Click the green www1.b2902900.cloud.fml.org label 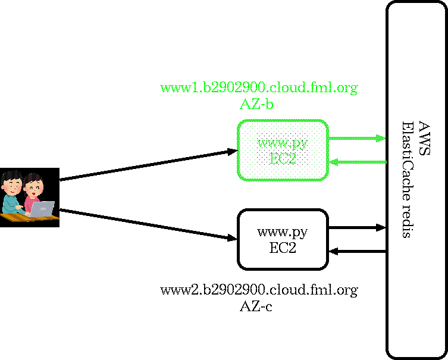(259, 88)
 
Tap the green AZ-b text (256, 105)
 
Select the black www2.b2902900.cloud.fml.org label (259, 290)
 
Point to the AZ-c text (256, 306)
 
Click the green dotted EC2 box (283, 151)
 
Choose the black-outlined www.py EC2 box (283, 239)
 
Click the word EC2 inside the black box (283, 248)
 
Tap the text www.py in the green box (282, 143)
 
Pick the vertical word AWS (424, 138)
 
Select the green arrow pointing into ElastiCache (357, 139)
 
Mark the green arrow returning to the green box (358, 162)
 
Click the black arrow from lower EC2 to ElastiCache (357, 228)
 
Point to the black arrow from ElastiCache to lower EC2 (358, 252)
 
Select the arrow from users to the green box (148, 165)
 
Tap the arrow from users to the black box (148, 224)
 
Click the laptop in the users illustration (42, 209)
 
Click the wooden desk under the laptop (29, 217)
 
